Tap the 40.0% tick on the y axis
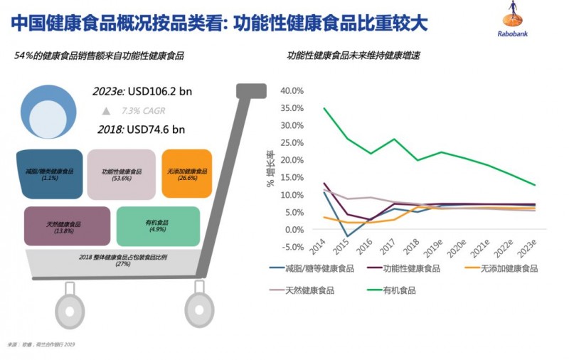(x=292, y=91)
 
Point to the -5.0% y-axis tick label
(x=292, y=247)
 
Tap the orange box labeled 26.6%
(x=187, y=173)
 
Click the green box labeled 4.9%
(x=158, y=226)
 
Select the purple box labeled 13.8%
(x=67, y=226)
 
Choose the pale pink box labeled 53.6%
(x=122, y=174)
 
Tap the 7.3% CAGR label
(x=142, y=111)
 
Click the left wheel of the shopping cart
(x=69, y=309)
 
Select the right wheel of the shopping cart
(x=199, y=309)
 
